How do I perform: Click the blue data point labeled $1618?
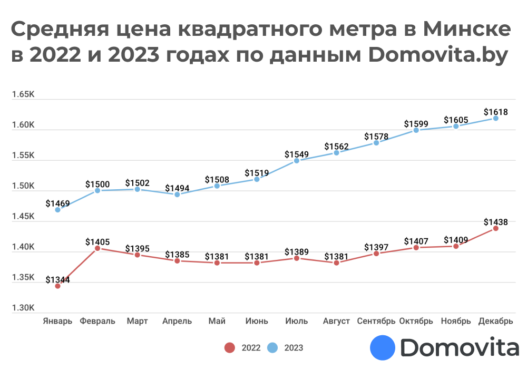496,118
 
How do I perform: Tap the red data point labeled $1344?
57,286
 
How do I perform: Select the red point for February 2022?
97,248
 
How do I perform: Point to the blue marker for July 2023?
297,161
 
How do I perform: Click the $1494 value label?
177,188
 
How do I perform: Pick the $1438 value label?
496,222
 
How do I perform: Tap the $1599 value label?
416,124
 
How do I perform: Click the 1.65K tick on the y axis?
23,95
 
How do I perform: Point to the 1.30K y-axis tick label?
23,308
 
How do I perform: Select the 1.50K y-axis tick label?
23,186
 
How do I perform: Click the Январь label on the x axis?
57,321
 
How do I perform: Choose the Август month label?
336,321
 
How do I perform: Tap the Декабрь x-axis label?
495,321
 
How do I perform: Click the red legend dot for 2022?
229,348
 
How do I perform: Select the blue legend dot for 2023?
272,348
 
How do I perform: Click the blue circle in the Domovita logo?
383,348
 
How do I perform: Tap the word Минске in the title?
466,30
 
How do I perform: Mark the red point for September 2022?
376,254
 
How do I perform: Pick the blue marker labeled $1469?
57,210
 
